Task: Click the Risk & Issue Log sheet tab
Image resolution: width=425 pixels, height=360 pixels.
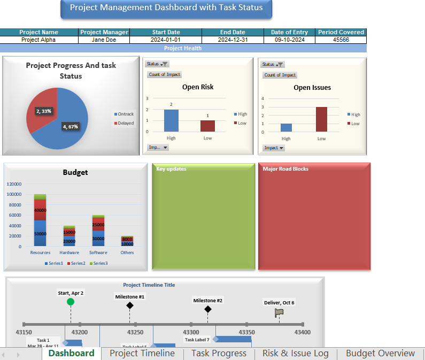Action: (x=295, y=353)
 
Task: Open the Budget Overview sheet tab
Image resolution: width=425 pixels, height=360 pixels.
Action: (x=380, y=353)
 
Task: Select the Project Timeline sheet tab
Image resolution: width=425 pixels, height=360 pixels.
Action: (x=142, y=353)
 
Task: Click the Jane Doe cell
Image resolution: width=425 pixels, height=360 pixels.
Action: (x=104, y=40)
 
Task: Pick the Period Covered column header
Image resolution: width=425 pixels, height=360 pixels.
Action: (x=341, y=32)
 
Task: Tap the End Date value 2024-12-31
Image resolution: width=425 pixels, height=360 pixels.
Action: (x=233, y=40)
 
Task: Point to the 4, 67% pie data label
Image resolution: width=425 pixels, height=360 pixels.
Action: (x=71, y=127)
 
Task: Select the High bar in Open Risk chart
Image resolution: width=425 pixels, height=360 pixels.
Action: (x=171, y=120)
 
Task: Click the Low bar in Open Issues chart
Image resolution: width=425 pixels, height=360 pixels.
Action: (x=321, y=119)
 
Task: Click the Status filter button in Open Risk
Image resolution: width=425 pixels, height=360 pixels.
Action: (x=157, y=64)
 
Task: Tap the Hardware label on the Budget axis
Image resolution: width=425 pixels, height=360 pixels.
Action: (x=69, y=252)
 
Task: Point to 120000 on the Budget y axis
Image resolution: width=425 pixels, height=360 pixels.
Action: (x=14, y=183)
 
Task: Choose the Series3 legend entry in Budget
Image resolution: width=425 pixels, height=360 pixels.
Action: (x=98, y=263)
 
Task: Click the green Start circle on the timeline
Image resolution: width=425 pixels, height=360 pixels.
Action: (x=71, y=302)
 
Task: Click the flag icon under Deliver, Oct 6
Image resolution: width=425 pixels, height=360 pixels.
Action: (x=279, y=313)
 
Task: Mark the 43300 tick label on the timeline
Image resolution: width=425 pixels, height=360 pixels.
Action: (x=191, y=332)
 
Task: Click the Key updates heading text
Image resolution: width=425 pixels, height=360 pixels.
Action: (x=171, y=169)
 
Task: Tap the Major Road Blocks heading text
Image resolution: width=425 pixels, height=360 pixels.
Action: (x=285, y=169)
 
